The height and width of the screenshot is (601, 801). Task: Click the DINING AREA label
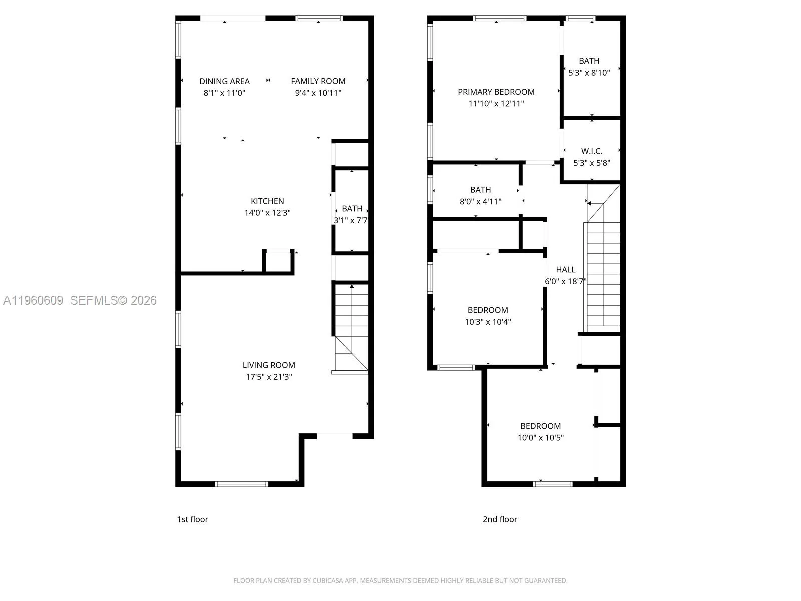pyautogui.click(x=224, y=81)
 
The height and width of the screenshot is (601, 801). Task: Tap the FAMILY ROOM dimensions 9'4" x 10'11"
pyautogui.click(x=318, y=93)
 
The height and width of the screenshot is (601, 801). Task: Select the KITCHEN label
pyautogui.click(x=267, y=201)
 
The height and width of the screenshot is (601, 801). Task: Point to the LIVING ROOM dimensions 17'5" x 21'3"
pyautogui.click(x=269, y=377)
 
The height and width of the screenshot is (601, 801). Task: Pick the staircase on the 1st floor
pyautogui.click(x=351, y=326)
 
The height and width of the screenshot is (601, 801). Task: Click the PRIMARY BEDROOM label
pyautogui.click(x=496, y=92)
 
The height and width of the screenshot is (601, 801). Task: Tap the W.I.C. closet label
pyautogui.click(x=591, y=151)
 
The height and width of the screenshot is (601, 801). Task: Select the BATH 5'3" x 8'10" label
pyautogui.click(x=589, y=61)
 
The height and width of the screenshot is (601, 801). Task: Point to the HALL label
pyautogui.click(x=565, y=270)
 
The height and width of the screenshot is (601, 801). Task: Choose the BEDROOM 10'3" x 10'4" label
pyautogui.click(x=488, y=310)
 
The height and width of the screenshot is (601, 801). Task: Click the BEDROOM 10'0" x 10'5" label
pyautogui.click(x=540, y=426)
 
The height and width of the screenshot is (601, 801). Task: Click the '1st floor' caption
pyautogui.click(x=192, y=519)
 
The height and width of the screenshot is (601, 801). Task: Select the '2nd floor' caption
pyautogui.click(x=500, y=519)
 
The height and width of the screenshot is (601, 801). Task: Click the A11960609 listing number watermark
pyautogui.click(x=33, y=300)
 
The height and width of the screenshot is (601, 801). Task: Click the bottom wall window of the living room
pyautogui.click(x=241, y=484)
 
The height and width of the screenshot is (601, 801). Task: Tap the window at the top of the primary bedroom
pyautogui.click(x=499, y=19)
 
